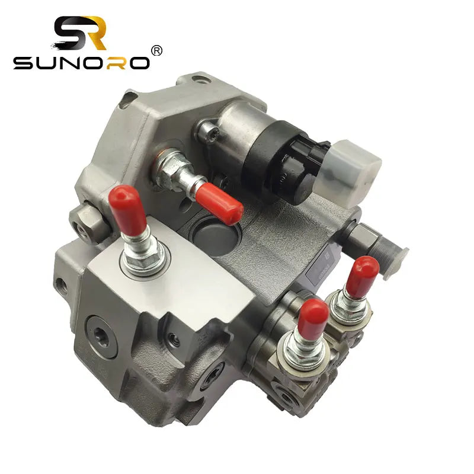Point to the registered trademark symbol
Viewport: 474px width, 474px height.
click(x=156, y=51)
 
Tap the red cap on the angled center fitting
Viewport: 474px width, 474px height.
click(x=219, y=204)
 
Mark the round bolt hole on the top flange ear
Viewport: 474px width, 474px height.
click(x=204, y=78)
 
